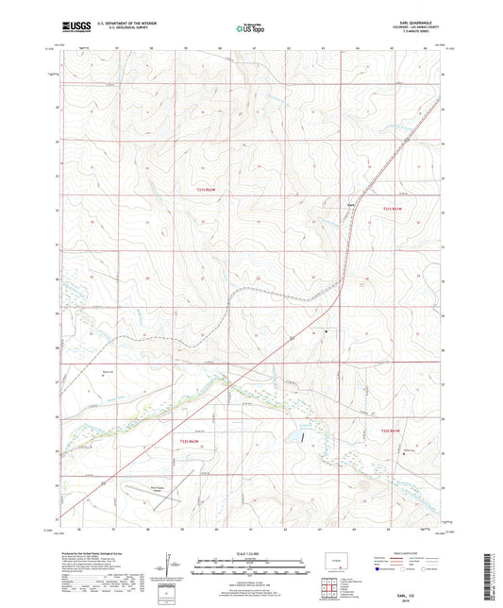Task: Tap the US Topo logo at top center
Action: point(249,29)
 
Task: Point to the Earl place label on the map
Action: point(349,203)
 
